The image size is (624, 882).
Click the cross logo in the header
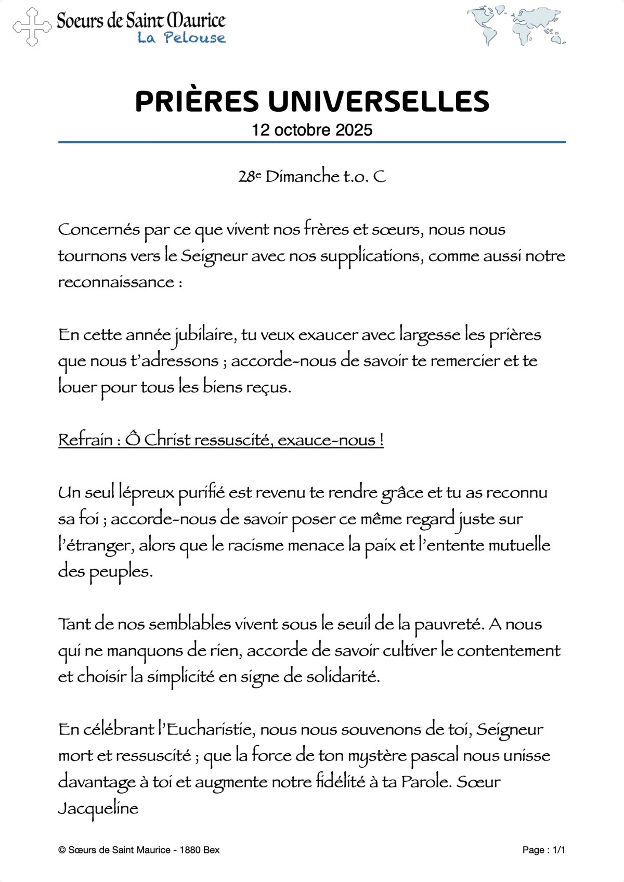point(32,27)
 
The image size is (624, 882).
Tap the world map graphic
point(516,25)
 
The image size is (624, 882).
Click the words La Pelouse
point(181,38)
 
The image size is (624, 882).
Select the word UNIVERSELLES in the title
point(379,101)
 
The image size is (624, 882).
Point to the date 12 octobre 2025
point(312,130)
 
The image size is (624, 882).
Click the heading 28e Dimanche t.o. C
point(312,177)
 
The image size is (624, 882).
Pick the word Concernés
point(99,229)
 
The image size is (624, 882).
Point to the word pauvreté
point(448,624)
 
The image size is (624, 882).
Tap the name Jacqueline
point(98,809)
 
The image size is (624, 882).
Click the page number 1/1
point(559,850)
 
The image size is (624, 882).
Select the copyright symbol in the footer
point(62,850)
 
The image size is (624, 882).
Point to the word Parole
point(425,782)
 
